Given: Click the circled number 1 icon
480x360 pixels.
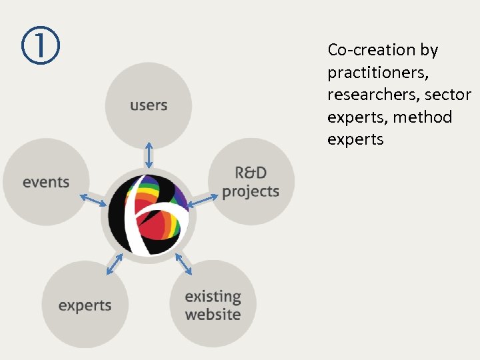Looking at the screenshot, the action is (40, 45).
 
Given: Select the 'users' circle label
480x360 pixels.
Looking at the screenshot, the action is (149, 105).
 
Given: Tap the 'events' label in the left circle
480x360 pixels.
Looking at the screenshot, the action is (46, 181).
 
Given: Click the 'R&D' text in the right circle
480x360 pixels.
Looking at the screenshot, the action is (251, 173).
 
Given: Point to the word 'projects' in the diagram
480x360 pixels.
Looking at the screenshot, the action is (251, 192).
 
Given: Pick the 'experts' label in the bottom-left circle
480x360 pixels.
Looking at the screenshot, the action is (85, 306).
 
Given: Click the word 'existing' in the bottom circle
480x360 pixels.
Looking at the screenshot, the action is (213, 297).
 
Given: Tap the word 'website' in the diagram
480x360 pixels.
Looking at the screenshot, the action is (213, 314).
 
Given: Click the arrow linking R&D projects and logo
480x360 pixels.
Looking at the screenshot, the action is (203, 199).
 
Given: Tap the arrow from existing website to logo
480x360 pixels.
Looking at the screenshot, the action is (184, 263).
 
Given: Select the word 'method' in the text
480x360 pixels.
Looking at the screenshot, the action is (422, 117).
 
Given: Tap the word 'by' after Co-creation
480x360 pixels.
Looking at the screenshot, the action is (429, 50).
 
